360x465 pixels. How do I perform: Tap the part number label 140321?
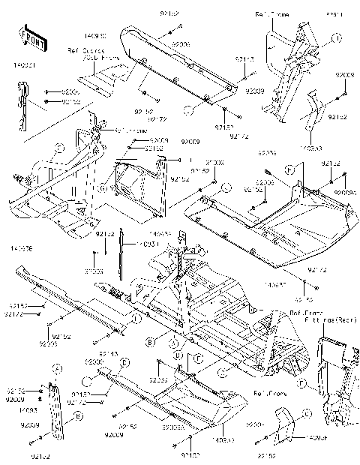coord(25,65)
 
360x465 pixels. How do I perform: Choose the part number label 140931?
coord(147,244)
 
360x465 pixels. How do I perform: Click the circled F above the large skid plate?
coord(289,171)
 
